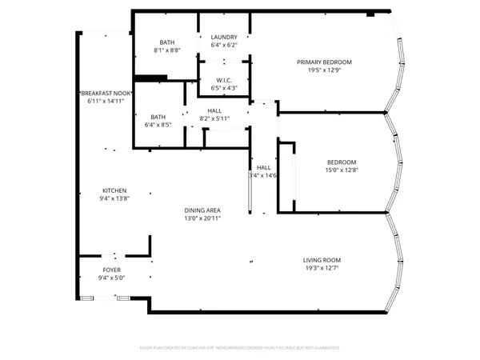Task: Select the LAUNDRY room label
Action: [224, 38]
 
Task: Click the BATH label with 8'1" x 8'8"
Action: [167, 42]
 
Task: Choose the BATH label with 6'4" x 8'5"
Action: [158, 116]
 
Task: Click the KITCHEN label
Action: [114, 190]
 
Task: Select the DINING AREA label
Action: [202, 210]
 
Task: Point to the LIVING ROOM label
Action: [322, 260]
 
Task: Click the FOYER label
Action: [112, 270]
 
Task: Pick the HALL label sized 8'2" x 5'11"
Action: [214, 111]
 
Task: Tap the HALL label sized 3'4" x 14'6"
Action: [263, 167]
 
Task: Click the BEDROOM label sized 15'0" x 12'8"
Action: [341, 161]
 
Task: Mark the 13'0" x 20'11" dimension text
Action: [202, 218]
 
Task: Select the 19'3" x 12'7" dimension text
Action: [322, 268]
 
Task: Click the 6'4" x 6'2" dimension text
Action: [224, 46]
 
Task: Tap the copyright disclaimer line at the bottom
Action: [240, 348]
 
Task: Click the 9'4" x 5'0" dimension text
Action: [112, 278]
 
